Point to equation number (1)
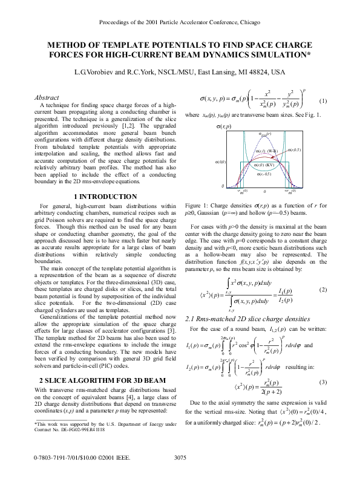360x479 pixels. [322, 100]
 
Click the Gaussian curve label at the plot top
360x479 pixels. [264, 134]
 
